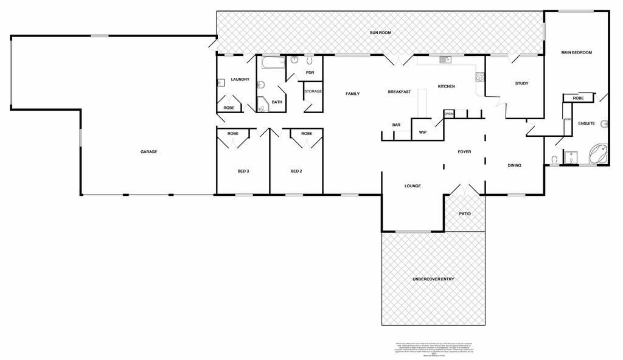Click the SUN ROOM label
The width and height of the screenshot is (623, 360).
(x=380, y=32)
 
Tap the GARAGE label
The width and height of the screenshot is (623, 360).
(x=149, y=151)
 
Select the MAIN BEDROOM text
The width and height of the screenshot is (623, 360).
(x=576, y=53)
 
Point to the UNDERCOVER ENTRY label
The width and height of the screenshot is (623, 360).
(x=433, y=279)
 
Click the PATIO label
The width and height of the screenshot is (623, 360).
(x=464, y=214)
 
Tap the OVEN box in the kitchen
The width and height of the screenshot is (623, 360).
(x=449, y=114)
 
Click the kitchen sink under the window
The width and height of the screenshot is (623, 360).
(x=444, y=60)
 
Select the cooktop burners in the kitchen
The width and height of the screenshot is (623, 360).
(x=480, y=77)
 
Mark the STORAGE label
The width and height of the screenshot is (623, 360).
(x=313, y=91)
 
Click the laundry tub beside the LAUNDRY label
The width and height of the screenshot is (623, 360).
(x=221, y=85)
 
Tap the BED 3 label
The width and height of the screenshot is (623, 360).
(x=243, y=171)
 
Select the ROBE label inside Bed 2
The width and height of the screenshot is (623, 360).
(x=306, y=133)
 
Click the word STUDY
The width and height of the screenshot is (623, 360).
(x=521, y=83)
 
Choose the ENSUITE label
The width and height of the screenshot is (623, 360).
(x=586, y=123)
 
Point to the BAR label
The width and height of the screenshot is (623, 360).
(x=396, y=125)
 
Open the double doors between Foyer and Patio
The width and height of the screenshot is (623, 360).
(x=464, y=190)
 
